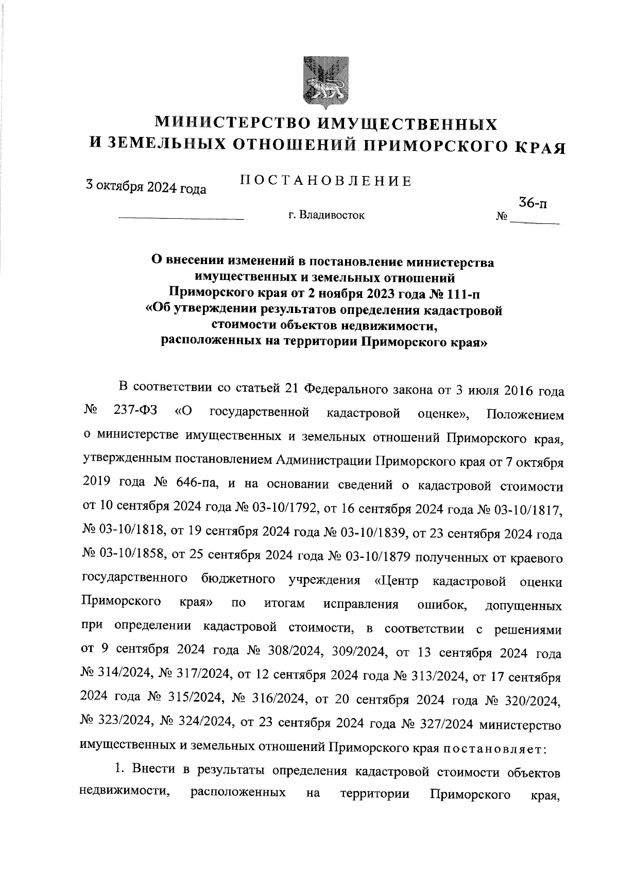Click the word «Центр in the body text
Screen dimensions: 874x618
tap(397, 582)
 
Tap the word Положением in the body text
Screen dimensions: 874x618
tap(525, 414)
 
